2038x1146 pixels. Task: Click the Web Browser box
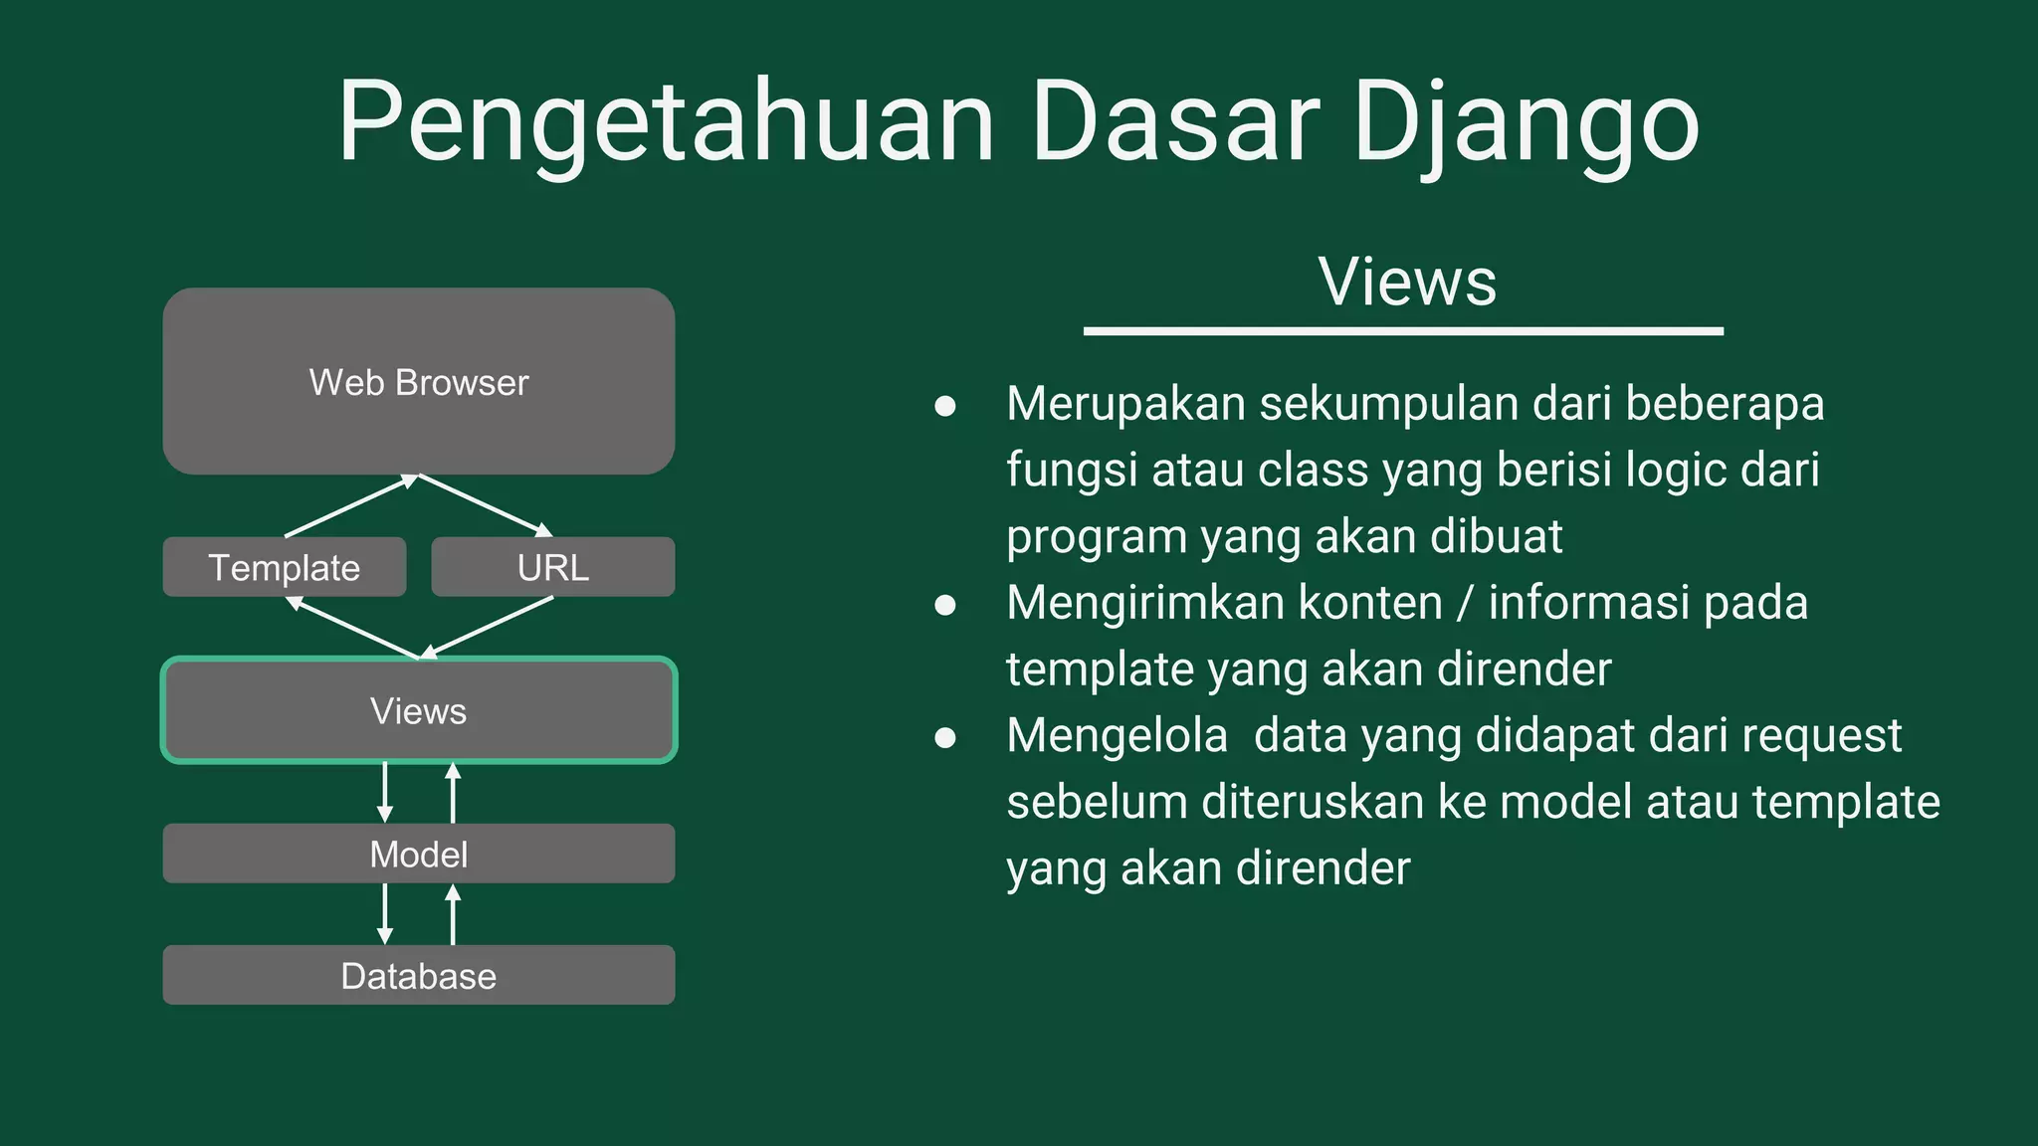pyautogui.click(x=419, y=382)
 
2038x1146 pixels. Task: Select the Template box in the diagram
pyautogui.click(x=285, y=567)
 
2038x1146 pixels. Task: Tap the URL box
pyautogui.click(x=553, y=567)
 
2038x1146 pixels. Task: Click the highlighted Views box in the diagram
pyautogui.click(x=419, y=710)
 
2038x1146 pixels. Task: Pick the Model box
pyautogui.click(x=419, y=854)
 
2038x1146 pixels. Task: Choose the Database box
pyautogui.click(x=419, y=975)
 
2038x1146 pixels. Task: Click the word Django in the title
pyautogui.click(x=1525, y=123)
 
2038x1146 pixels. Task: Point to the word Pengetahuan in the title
pyautogui.click(x=666, y=123)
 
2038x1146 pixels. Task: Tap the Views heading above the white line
pyautogui.click(x=1406, y=282)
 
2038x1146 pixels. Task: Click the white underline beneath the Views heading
pyautogui.click(x=1403, y=331)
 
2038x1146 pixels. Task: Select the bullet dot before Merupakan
pyautogui.click(x=945, y=406)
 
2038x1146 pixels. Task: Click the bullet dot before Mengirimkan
pyautogui.click(x=945, y=605)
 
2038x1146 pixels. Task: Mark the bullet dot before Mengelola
pyautogui.click(x=945, y=737)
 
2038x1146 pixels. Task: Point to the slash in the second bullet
pyautogui.click(x=1465, y=604)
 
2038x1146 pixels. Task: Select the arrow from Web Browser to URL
pyautogui.click(x=486, y=505)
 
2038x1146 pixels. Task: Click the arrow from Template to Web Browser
pyautogui.click(x=350, y=506)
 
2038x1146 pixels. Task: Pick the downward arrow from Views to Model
pyautogui.click(x=385, y=792)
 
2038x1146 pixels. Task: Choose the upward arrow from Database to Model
pyautogui.click(x=453, y=914)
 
